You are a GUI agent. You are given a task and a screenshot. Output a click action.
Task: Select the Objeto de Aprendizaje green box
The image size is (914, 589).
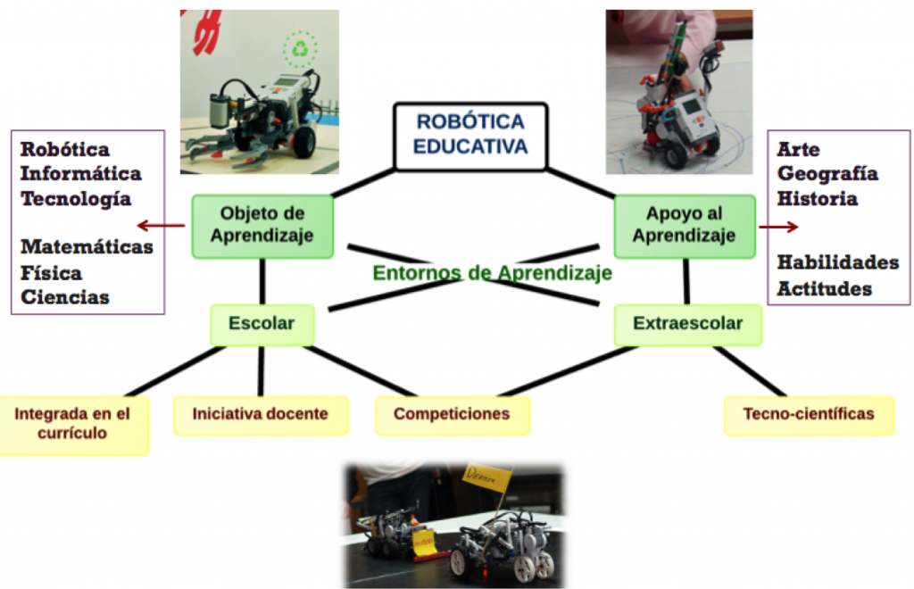[262, 225]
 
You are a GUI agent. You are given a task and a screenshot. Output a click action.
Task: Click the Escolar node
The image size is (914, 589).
[262, 324]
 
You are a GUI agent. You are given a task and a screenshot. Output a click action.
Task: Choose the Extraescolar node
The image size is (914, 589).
[687, 324]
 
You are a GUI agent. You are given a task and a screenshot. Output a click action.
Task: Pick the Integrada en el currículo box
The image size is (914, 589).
[73, 423]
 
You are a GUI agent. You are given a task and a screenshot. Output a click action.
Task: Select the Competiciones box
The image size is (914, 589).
[452, 414]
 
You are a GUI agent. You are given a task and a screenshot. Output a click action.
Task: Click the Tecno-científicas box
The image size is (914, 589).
[808, 414]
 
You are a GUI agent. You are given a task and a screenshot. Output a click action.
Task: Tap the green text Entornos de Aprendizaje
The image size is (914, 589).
[492, 272]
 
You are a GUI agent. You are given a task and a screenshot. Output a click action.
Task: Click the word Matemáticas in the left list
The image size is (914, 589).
[87, 247]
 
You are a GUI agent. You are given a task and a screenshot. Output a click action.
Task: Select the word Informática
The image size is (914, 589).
[80, 174]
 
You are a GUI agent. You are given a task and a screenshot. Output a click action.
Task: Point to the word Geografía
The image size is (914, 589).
[827, 174]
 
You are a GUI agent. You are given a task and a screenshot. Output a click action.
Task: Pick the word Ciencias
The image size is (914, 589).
[65, 297]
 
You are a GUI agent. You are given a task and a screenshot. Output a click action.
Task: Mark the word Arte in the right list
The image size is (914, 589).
[798, 149]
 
